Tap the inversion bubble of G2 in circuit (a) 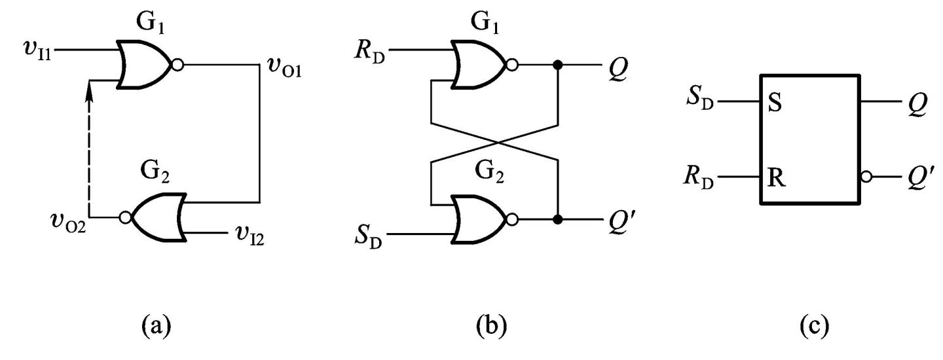(125, 217)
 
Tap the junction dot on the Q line (557, 65)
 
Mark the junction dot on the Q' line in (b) (557, 218)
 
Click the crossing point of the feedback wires (494, 141)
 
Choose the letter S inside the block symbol (775, 103)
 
